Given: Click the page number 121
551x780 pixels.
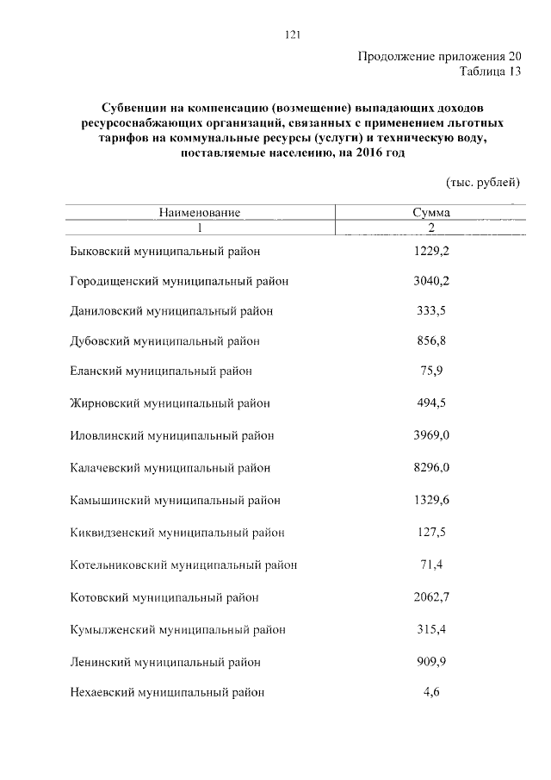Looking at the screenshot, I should coord(291,35).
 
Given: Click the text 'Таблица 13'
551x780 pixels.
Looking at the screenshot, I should coord(491,72).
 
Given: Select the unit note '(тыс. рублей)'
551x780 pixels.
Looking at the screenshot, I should coord(483,182).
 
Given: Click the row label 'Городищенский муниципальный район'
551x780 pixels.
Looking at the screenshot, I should coord(178,281).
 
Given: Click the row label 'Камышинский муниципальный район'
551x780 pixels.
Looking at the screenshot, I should coord(174,500).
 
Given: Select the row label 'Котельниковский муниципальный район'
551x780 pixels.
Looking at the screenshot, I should coord(183,565).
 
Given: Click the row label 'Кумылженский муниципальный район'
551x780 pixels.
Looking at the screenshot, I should coord(177,630).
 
